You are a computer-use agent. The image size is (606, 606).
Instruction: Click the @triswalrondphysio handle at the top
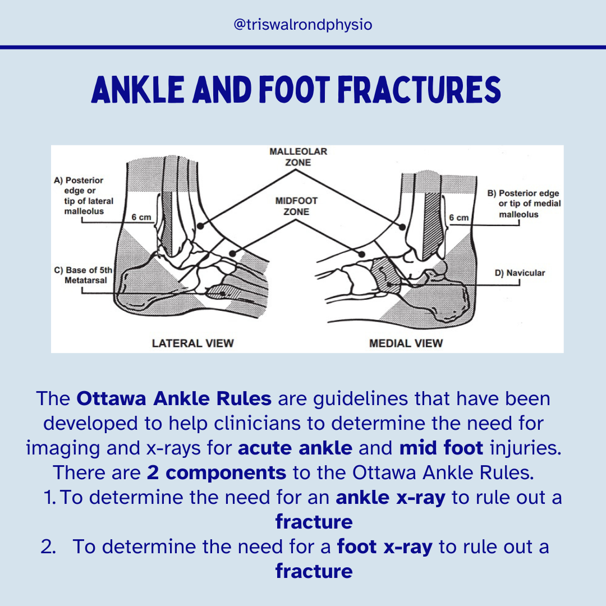pyautogui.click(x=302, y=25)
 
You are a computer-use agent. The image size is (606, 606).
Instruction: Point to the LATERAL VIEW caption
pyautogui.click(x=192, y=343)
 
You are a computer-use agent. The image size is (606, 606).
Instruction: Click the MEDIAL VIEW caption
pyautogui.click(x=406, y=343)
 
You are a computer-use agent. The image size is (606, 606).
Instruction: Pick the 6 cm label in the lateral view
pyautogui.click(x=141, y=217)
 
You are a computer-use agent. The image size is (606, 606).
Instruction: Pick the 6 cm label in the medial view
pyautogui.click(x=458, y=217)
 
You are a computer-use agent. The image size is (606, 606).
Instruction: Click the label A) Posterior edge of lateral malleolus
pyautogui.click(x=84, y=196)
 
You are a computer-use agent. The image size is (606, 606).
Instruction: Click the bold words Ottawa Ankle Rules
pyautogui.click(x=174, y=399)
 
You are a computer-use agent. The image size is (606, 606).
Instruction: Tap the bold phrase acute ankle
pyautogui.click(x=303, y=448)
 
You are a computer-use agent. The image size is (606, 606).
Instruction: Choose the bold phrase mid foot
pyautogui.click(x=442, y=448)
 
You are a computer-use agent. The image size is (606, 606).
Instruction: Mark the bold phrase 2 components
pyautogui.click(x=217, y=472)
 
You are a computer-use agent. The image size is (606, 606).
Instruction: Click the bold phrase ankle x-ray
pyautogui.click(x=391, y=498)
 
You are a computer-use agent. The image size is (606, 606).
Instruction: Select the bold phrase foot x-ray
pyautogui.click(x=384, y=547)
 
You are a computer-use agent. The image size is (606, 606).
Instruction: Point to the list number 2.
pyautogui.click(x=48, y=547)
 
